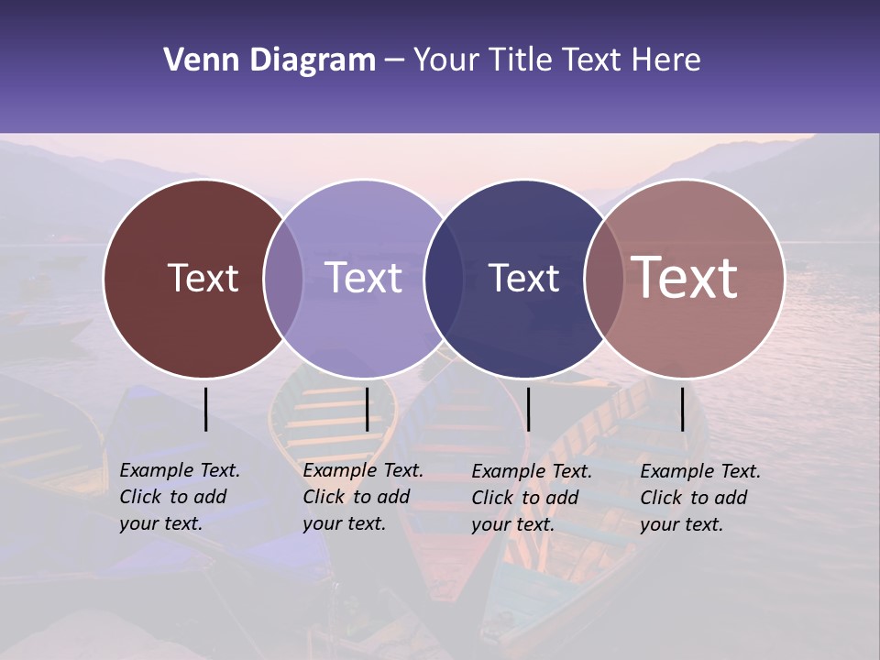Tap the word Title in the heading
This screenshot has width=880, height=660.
(522, 60)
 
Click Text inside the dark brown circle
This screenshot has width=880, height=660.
(203, 278)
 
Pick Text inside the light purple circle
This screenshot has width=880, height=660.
(364, 278)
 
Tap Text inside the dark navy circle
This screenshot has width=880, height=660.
(523, 278)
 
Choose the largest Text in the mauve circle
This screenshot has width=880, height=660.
(685, 278)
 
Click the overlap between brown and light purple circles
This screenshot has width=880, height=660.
(283, 279)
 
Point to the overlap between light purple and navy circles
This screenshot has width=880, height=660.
(444, 279)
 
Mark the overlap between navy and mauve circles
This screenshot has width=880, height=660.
(604, 279)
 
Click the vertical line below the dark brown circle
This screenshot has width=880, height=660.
(205, 409)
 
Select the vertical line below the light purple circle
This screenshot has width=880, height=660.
(367, 409)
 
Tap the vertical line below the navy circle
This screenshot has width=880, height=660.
(528, 409)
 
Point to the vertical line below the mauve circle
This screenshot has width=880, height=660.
(682, 409)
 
